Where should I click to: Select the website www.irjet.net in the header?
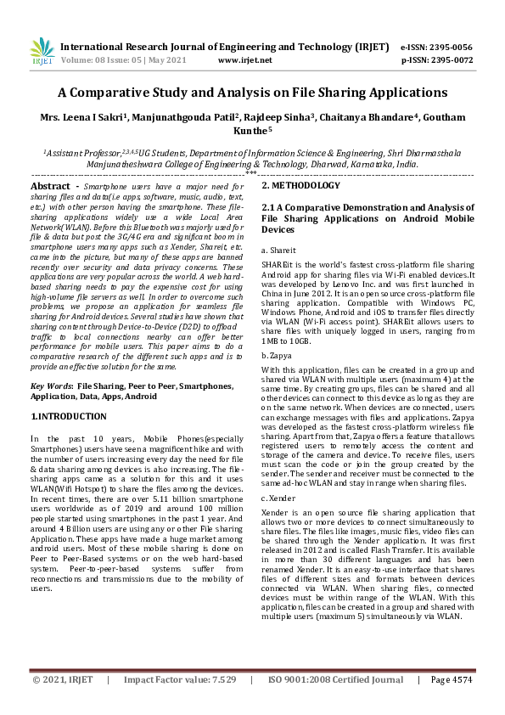(x=245, y=61)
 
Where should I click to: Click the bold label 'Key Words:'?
(x=52, y=386)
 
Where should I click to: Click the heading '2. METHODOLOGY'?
(x=300, y=185)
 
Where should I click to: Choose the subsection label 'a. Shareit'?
(x=278, y=251)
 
